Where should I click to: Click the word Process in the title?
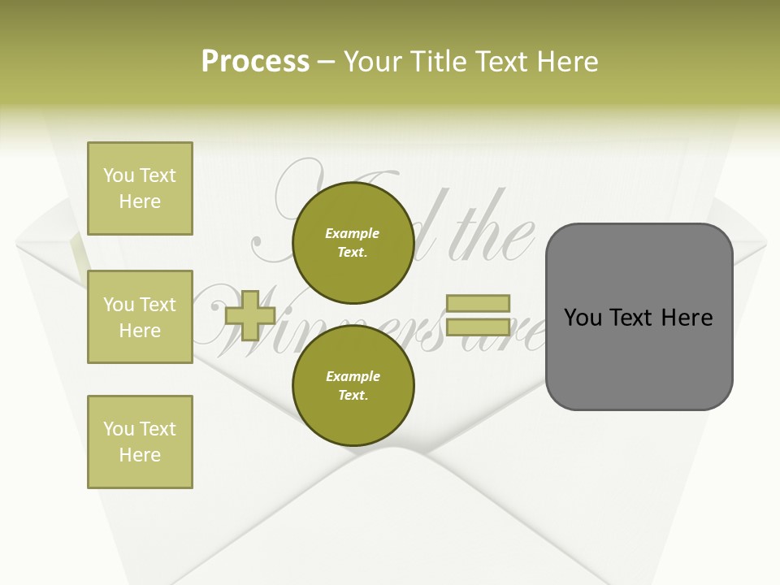(255, 62)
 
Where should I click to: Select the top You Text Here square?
(140, 188)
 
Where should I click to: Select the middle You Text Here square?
(140, 317)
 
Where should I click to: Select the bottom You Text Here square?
(140, 442)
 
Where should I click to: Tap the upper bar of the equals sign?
(479, 304)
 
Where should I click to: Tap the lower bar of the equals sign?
(479, 327)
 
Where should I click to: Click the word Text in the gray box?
(632, 318)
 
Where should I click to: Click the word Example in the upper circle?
(353, 233)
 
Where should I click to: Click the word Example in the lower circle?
(353, 376)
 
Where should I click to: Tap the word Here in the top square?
(140, 201)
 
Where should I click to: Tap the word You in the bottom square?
(118, 429)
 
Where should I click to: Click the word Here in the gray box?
(687, 318)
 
